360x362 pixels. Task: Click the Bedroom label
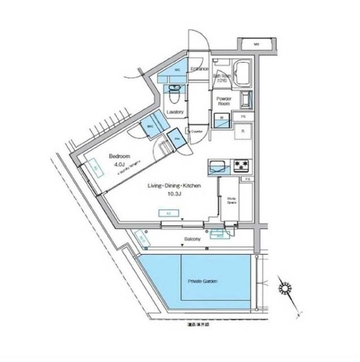(x=118, y=157)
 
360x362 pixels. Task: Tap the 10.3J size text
(x=175, y=195)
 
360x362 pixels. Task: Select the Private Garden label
(x=202, y=282)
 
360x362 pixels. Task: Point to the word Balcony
(x=192, y=239)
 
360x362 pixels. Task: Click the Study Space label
(x=231, y=200)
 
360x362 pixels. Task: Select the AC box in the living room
(x=168, y=214)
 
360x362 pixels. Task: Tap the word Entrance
(x=200, y=69)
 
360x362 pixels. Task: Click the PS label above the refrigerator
(x=243, y=116)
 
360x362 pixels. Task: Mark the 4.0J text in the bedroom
(x=120, y=165)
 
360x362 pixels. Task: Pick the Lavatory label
(x=175, y=112)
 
